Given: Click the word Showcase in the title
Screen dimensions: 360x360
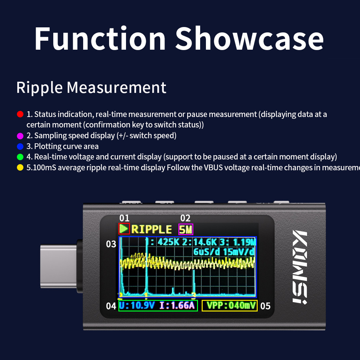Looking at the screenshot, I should (x=249, y=39).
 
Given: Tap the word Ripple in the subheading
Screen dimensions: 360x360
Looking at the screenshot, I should (x=39, y=88).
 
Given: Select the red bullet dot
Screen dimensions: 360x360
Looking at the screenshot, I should (x=20, y=114).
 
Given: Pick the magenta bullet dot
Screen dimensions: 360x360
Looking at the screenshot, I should (x=20, y=136).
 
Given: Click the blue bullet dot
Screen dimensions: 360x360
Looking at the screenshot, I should (x=20, y=146).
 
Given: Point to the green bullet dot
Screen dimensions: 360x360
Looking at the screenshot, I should (x=20, y=157).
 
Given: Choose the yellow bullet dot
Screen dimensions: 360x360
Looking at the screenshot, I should (x=20, y=168).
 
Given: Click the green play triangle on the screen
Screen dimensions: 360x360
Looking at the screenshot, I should (x=124, y=229).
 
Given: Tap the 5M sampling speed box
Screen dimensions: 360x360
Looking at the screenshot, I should (x=186, y=229).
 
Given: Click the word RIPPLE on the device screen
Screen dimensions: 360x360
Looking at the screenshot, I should (x=152, y=229).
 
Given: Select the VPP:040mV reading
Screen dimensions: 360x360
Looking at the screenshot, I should (x=229, y=306).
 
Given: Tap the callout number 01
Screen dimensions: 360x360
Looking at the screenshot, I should (x=124, y=218).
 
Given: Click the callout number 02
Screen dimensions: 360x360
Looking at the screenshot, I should (x=185, y=218).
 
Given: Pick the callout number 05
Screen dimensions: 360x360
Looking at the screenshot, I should (x=265, y=306).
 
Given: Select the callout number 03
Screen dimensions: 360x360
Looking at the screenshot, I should (x=111, y=244).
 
